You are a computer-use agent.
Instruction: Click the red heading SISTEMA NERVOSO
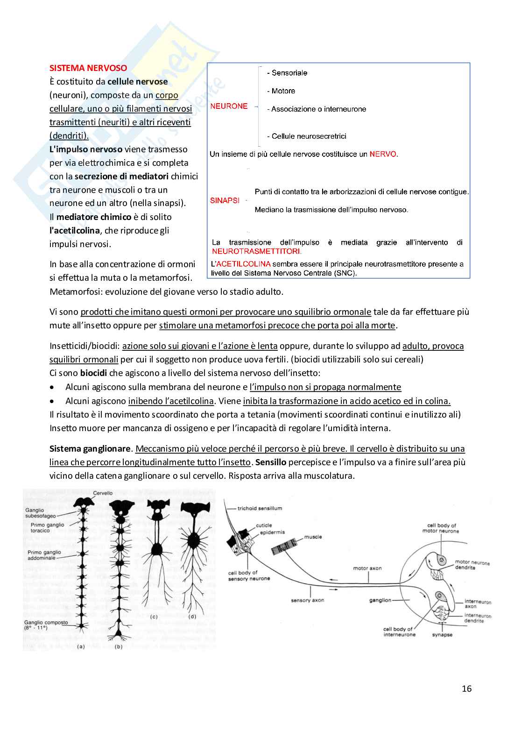pyautogui.click(x=88, y=68)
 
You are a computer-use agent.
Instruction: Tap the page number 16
pyautogui.click(x=466, y=688)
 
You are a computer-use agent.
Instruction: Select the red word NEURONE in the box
pyautogui.click(x=229, y=106)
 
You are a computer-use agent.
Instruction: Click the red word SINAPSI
pyautogui.click(x=225, y=200)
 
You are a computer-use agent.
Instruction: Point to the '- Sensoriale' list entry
pyautogui.click(x=287, y=73)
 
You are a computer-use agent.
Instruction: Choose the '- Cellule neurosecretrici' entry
pyautogui.click(x=307, y=136)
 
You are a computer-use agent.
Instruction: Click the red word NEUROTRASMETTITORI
pyautogui.click(x=256, y=251)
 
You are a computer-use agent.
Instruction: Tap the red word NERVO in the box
pyautogui.click(x=383, y=154)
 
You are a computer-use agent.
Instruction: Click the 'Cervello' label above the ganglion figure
pyautogui.click(x=103, y=493)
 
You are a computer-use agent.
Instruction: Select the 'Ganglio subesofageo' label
pyautogui.click(x=41, y=513)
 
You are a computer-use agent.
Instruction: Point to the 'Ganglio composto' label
pyautogui.click(x=46, y=623)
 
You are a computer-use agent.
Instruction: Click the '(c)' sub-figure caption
pyautogui.click(x=154, y=617)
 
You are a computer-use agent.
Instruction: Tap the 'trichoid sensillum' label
pyautogui.click(x=260, y=508)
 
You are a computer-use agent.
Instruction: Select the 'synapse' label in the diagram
pyautogui.click(x=442, y=635)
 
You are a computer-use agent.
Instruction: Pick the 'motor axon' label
pyautogui.click(x=367, y=568)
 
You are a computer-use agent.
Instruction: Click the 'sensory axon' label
pyautogui.click(x=307, y=600)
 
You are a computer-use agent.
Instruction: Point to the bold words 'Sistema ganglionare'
pyautogui.click(x=90, y=449)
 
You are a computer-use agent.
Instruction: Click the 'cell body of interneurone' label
pyautogui.click(x=399, y=632)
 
